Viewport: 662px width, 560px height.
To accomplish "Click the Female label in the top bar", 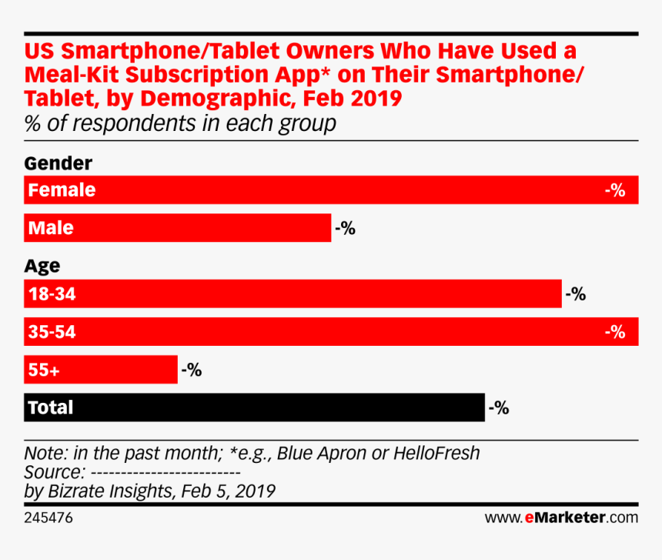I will pos(62,190).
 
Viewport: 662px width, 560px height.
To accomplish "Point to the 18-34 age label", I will pos(52,294).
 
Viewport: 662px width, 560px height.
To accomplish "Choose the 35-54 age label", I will pos(52,332).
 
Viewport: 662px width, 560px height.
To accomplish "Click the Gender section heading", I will pos(59,163).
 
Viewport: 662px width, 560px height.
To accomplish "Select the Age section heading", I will pos(42,267).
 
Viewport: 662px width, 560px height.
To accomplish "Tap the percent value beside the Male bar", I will pos(345,228).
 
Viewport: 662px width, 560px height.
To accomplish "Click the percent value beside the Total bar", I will pos(499,407).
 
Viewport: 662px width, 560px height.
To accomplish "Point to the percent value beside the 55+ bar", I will pos(191,370).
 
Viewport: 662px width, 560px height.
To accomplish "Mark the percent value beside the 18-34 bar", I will pos(576,294).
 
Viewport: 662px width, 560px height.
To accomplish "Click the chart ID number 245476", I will pos(48,518).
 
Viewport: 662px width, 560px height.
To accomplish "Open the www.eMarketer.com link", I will pos(561,517).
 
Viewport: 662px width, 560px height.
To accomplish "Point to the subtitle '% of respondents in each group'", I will pos(180,124).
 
